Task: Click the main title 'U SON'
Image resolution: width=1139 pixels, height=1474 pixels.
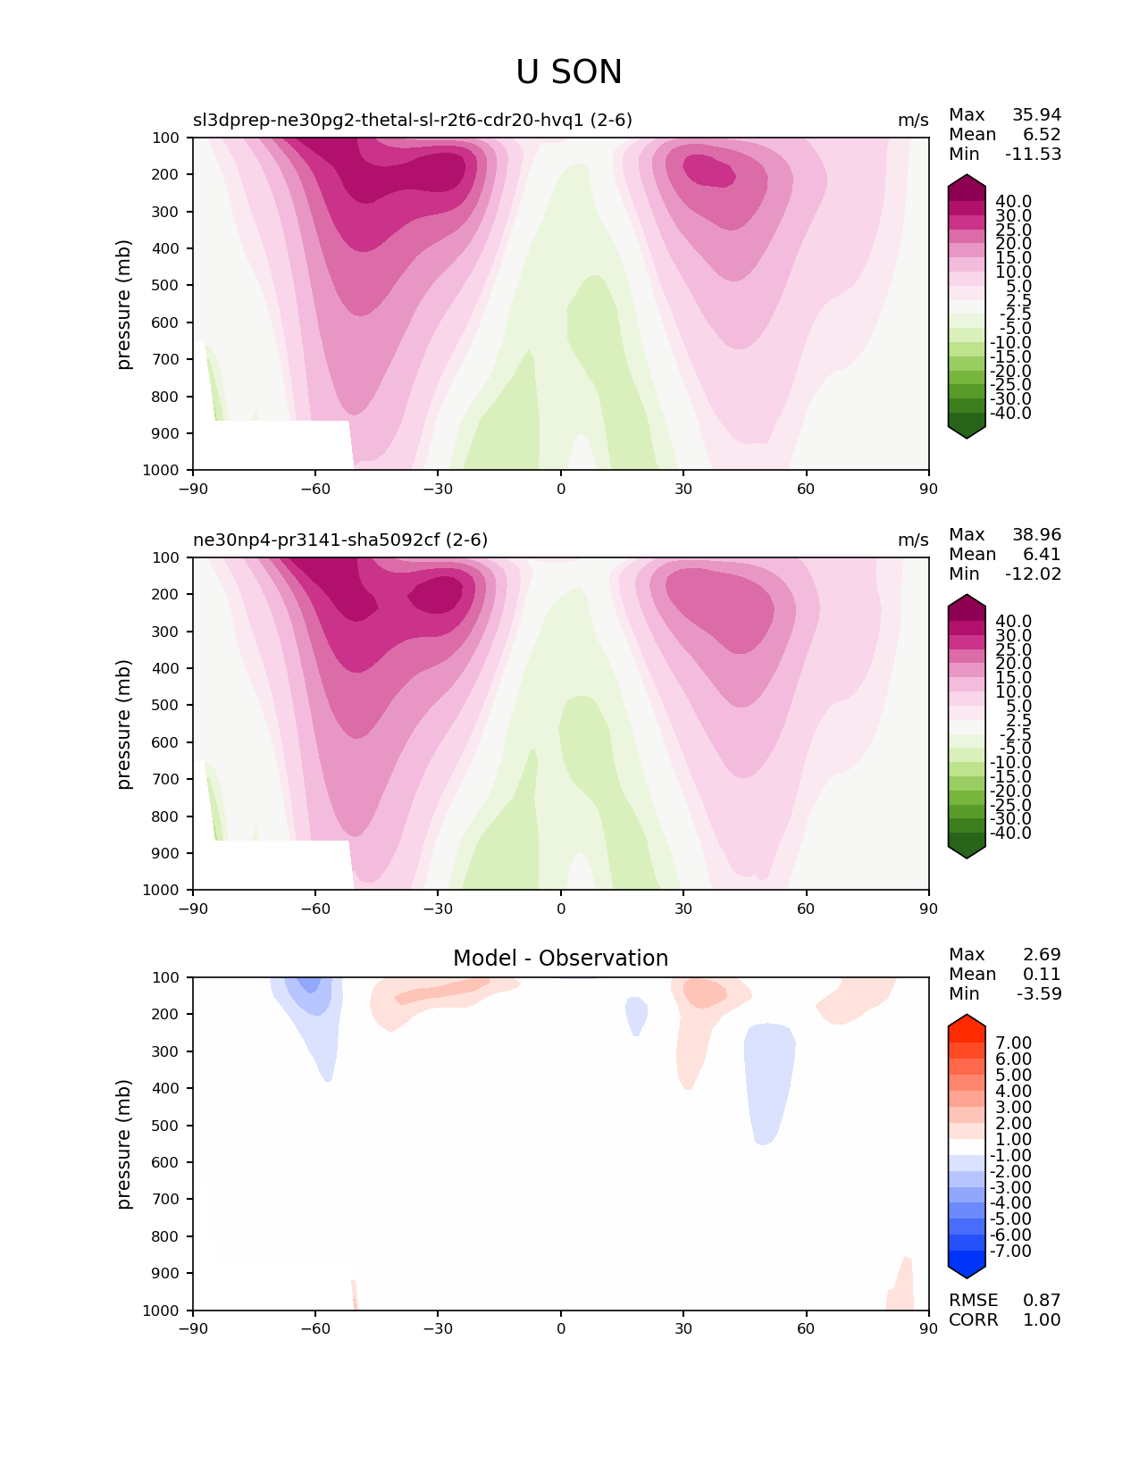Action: click(568, 72)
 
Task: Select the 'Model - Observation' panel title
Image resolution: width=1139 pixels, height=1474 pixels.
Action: click(560, 959)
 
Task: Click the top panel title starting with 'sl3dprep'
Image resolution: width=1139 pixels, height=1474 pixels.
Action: click(413, 120)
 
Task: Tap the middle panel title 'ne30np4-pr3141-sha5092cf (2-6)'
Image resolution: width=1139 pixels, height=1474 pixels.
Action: click(340, 540)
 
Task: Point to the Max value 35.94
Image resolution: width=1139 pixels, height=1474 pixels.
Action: click(1036, 114)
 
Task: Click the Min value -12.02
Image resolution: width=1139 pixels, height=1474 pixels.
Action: click(1033, 574)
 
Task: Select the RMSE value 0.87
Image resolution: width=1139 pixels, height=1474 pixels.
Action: click(1042, 1300)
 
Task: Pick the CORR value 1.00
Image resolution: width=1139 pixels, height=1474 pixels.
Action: click(1042, 1319)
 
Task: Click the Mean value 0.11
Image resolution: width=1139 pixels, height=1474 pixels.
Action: click(1042, 974)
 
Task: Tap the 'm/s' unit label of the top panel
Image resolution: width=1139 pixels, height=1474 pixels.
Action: click(913, 120)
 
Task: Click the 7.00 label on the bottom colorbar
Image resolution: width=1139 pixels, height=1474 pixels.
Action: click(1013, 1043)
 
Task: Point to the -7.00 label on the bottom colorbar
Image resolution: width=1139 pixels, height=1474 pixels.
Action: click(1010, 1251)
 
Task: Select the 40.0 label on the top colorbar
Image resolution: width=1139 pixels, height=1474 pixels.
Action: click(1013, 201)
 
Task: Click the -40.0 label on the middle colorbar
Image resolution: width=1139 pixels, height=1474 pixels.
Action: click(1010, 833)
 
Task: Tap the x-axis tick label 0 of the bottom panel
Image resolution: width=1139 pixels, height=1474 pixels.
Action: click(561, 1328)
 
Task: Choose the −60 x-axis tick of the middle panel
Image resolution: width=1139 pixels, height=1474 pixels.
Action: click(315, 909)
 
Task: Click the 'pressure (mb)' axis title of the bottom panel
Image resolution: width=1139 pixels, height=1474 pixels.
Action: click(124, 1143)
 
